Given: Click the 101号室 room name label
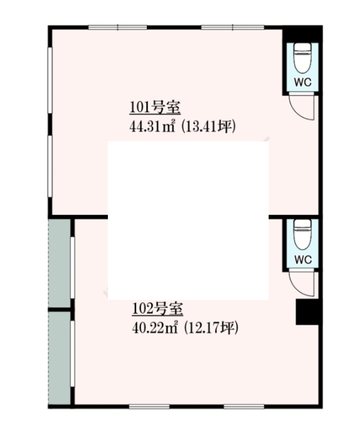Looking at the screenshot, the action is point(155,108).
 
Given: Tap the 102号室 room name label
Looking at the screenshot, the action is point(158,309).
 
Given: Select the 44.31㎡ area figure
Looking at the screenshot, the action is point(153,127).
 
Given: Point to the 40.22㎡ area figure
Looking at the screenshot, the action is point(155,328).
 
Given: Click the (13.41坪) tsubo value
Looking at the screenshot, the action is point(208,127).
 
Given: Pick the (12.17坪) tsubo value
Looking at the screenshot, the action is point(211,328).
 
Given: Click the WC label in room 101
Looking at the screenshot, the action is point(303,82).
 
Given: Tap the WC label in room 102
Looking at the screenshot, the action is point(303,259).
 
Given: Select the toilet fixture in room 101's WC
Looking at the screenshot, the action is point(303,58).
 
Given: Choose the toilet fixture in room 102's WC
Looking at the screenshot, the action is point(303,235).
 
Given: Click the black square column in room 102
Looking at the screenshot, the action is point(307,312).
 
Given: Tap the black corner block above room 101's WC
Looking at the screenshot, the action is point(302,34).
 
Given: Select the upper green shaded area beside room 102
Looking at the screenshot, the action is point(60,263).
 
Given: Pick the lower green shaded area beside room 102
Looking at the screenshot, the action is point(60,358).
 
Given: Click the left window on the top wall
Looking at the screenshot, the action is point(117,27).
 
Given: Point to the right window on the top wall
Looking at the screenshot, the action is point(233,27).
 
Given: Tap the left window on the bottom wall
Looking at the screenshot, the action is point(149,406).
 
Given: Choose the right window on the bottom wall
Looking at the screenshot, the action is point(244,406).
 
